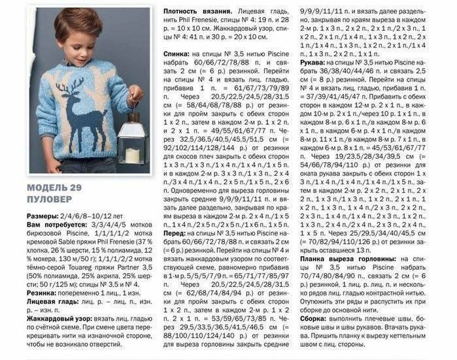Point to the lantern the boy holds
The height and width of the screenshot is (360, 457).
[133, 139]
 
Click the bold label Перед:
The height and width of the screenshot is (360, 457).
[175, 233]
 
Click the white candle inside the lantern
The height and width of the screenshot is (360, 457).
[133, 154]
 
